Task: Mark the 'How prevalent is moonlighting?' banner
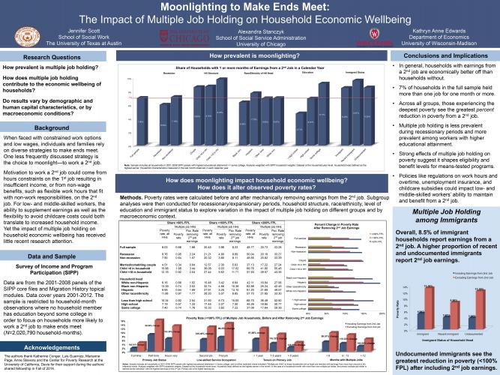click(250, 55)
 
